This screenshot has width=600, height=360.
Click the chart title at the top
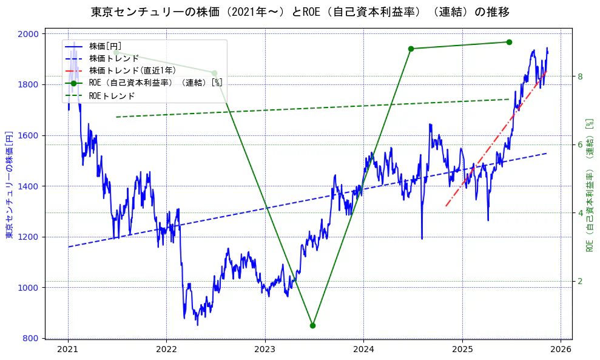tap(300, 12)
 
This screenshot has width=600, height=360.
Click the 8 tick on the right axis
tap(580, 76)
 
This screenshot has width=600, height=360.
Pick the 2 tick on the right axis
tap(580, 281)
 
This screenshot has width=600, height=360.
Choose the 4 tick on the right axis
tap(580, 213)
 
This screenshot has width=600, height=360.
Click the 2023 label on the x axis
tap(265, 350)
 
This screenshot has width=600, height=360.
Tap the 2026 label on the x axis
tap(561, 350)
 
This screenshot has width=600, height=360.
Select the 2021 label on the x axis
tap(68, 350)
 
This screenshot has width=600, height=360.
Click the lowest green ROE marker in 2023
tap(312, 325)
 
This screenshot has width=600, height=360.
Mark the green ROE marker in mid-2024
tap(411, 49)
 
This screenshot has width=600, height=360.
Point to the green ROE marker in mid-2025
tap(509, 42)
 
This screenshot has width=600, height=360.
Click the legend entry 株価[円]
tap(106, 46)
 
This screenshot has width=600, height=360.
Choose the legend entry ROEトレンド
tap(112, 96)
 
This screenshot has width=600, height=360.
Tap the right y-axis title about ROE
tap(589, 185)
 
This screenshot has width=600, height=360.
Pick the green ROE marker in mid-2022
tap(214, 73)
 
